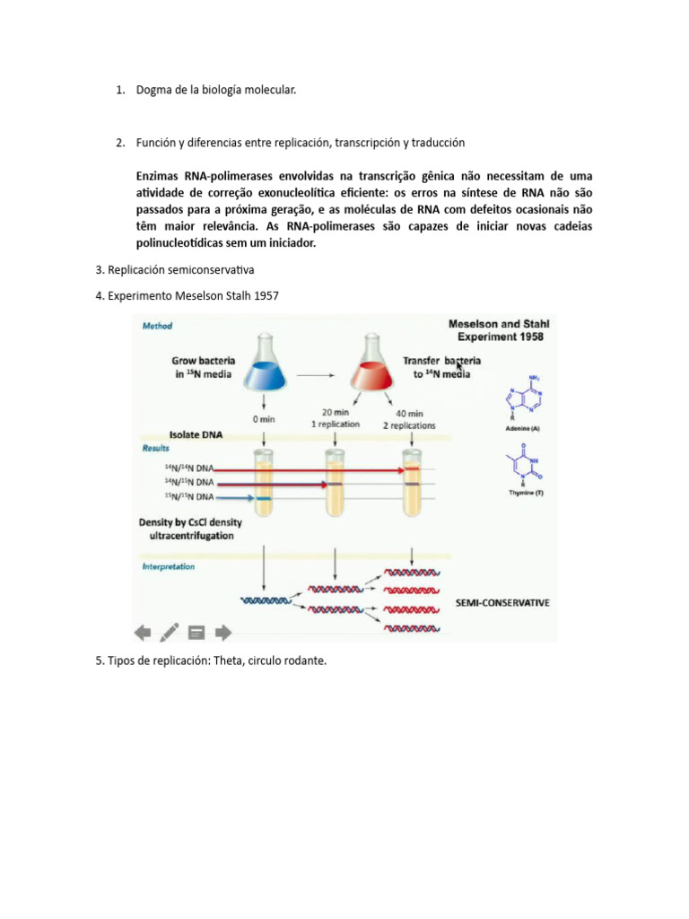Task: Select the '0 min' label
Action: click(263, 419)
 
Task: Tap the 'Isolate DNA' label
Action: click(196, 435)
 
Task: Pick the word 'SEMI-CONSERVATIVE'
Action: click(503, 603)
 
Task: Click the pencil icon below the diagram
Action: click(169, 632)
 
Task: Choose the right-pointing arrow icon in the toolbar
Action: click(223, 632)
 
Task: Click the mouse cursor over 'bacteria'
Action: click(460, 364)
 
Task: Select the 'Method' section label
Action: click(158, 326)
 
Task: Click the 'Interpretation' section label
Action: click(168, 567)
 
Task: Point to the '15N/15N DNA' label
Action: click(188, 496)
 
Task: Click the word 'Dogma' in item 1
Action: click(154, 90)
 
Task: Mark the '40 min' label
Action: click(410, 414)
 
